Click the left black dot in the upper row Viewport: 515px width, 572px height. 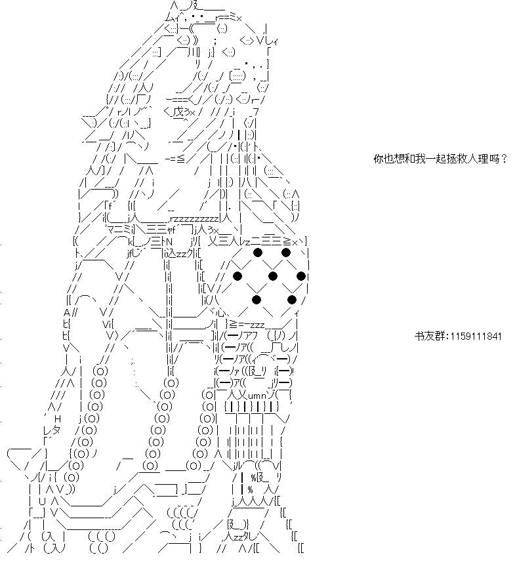pos(257,253)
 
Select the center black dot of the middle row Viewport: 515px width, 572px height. pos(272,276)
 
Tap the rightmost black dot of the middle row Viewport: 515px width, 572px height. pos(301,276)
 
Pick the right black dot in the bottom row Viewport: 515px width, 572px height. pos(292,300)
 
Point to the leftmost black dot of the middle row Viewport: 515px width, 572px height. pos(237,276)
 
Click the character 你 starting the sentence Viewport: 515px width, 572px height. pos(379,159)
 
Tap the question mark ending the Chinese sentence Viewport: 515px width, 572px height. pos(504,159)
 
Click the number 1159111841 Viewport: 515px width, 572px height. pos(476,336)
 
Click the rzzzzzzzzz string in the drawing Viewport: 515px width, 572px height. pos(194,219)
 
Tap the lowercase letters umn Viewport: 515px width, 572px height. pos(259,395)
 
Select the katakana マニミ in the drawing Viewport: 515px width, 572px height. pos(119,230)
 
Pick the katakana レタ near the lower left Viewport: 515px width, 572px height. pos(52,430)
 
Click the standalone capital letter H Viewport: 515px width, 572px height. pos(57,419)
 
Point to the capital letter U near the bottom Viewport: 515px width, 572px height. pos(42,502)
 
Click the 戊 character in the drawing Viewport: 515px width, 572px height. pos(178,112)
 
